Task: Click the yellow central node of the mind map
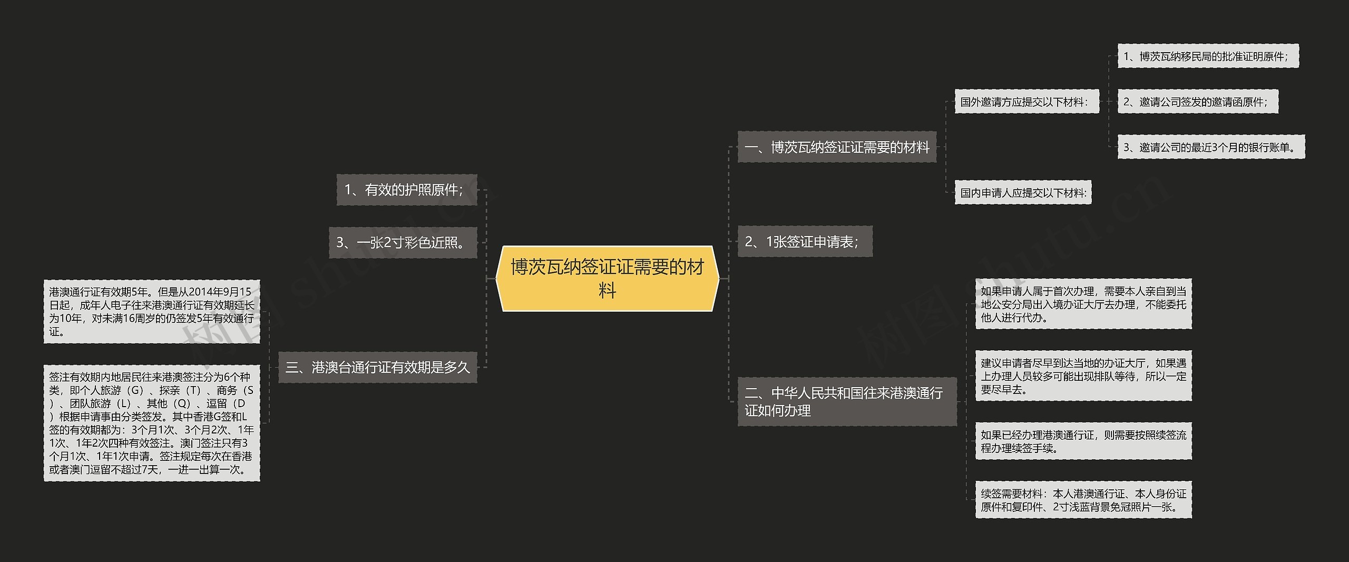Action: (x=607, y=278)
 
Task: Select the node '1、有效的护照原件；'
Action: (x=406, y=190)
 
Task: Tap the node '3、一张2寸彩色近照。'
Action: (x=403, y=242)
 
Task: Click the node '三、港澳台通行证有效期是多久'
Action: (x=377, y=367)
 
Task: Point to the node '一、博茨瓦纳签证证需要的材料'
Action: (x=836, y=147)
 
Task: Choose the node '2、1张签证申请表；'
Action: (x=805, y=241)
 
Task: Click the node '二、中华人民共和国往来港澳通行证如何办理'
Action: (x=846, y=401)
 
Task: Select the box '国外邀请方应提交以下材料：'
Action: (x=1027, y=102)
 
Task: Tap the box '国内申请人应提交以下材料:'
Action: (x=1023, y=193)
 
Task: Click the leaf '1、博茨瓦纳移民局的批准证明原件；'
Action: (x=1208, y=56)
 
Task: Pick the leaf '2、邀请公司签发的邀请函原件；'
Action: (x=1198, y=102)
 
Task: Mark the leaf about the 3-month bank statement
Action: (x=1211, y=147)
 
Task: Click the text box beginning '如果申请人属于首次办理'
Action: (x=1083, y=304)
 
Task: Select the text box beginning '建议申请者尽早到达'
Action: (x=1083, y=376)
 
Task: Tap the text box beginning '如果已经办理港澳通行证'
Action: (x=1083, y=441)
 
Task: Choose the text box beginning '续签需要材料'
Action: (x=1083, y=500)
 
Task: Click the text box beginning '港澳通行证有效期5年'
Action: (x=152, y=311)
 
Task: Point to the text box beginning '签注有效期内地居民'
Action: (x=152, y=422)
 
